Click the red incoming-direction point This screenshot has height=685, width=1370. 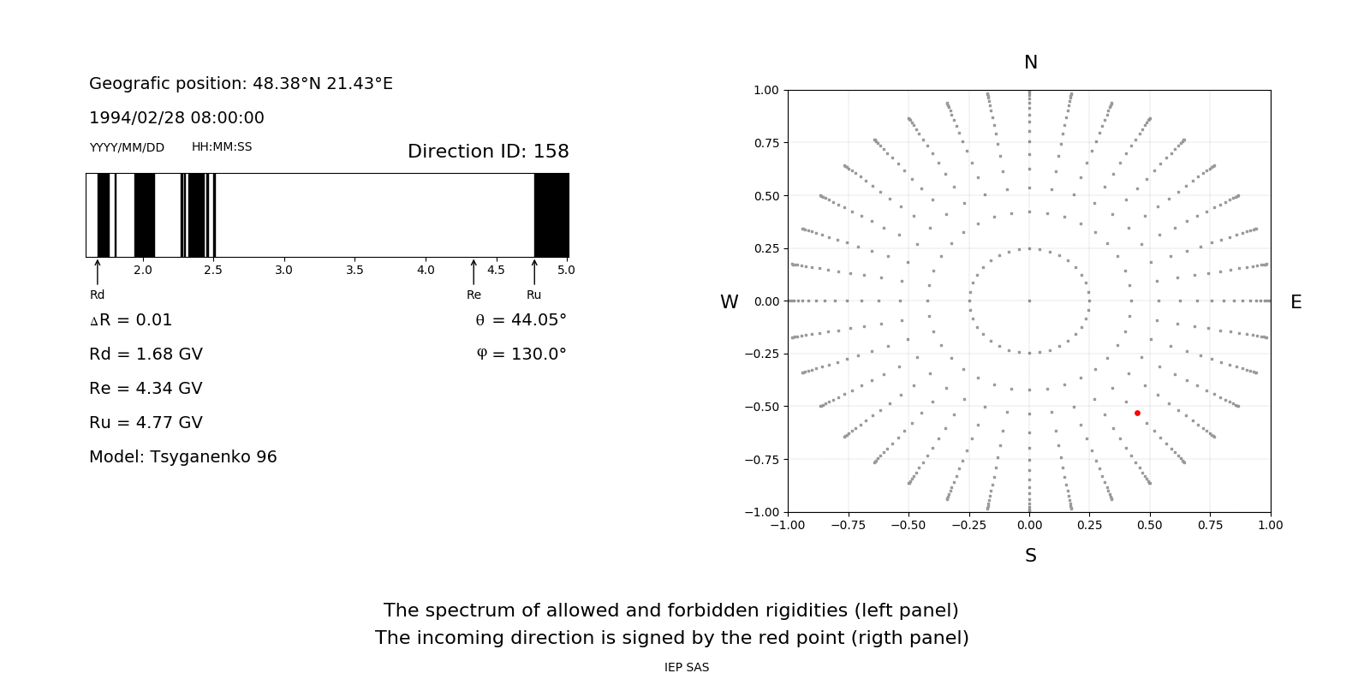click(1137, 413)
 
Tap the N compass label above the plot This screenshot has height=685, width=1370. click(1031, 63)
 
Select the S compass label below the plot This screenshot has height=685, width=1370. click(1031, 556)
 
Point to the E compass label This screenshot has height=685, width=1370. click(1296, 302)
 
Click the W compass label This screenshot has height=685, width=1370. click(729, 302)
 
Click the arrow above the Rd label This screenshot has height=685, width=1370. click(98, 271)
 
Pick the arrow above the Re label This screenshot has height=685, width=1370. click(474, 271)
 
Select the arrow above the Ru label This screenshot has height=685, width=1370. click(534, 271)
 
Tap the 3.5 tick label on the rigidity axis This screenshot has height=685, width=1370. click(354, 270)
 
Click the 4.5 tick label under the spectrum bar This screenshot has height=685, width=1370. click(496, 270)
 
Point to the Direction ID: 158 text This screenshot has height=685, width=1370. click(488, 152)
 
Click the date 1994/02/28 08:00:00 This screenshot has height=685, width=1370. click(176, 117)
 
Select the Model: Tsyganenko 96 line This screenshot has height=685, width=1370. click(183, 457)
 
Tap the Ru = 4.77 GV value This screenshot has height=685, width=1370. click(146, 423)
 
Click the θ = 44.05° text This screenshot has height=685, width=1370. click(521, 320)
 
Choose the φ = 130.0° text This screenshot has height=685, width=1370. click(521, 354)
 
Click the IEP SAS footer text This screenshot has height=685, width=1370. click(687, 667)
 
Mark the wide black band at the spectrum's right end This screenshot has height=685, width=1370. click(551, 215)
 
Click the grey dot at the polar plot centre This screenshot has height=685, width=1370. click(1029, 301)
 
